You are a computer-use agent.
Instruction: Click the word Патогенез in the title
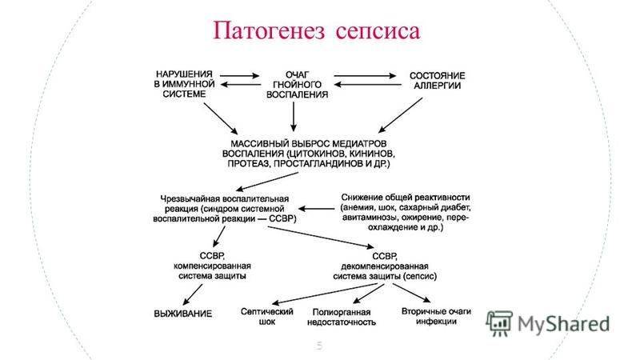(269, 31)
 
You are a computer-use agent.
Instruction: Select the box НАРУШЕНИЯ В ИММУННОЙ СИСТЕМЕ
(185, 84)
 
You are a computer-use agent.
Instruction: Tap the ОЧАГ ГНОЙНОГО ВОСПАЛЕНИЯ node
(297, 85)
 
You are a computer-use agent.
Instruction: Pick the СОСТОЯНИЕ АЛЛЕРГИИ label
(437, 81)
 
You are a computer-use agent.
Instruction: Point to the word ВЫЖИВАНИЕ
(183, 314)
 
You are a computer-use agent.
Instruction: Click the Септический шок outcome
(267, 316)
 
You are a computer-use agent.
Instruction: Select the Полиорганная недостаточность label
(342, 317)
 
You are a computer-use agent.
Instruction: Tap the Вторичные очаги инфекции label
(436, 316)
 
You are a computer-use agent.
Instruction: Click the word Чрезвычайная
(190, 198)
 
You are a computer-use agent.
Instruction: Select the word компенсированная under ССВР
(212, 266)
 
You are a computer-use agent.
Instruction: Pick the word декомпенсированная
(385, 266)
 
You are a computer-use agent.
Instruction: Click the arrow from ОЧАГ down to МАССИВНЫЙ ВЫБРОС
(294, 117)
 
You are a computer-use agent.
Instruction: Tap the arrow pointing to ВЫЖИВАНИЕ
(192, 294)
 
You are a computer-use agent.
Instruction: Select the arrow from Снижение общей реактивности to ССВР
(317, 209)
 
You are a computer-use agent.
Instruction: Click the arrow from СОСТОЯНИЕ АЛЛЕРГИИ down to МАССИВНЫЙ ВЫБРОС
(400, 115)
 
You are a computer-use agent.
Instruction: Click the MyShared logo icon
(498, 323)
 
